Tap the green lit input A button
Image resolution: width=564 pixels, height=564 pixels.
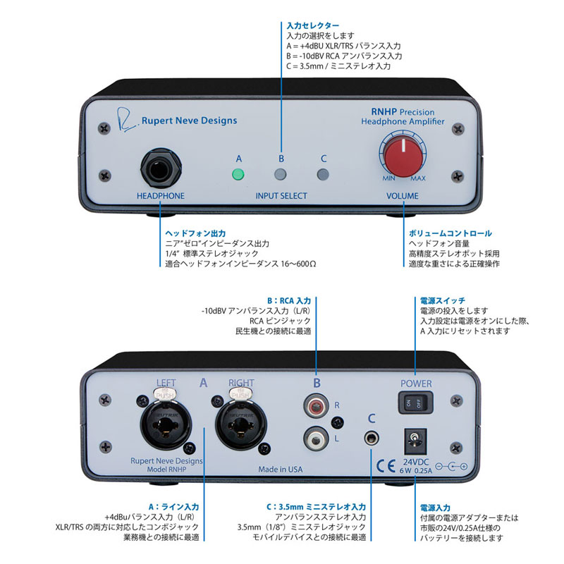239,176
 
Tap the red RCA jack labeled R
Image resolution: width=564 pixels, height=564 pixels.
315,407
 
